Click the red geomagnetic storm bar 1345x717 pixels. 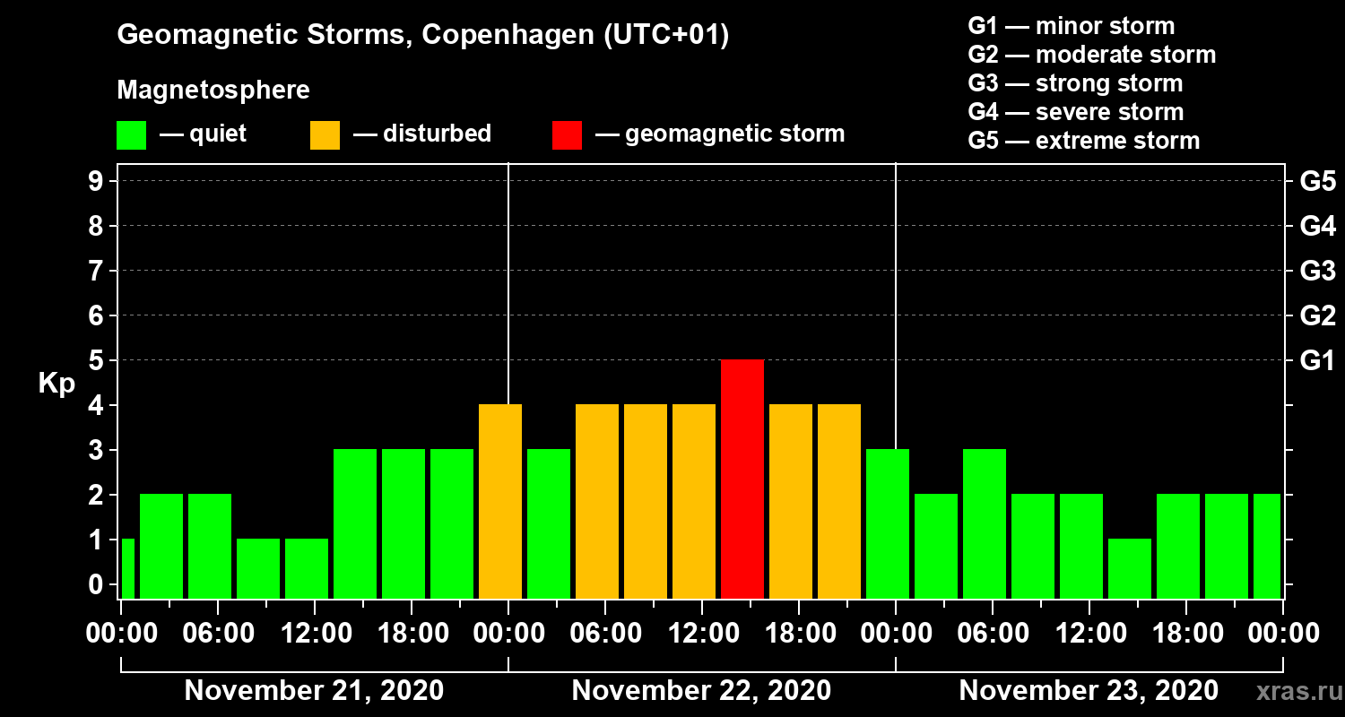point(742,479)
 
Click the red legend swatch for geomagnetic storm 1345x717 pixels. point(567,134)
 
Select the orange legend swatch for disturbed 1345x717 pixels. point(325,134)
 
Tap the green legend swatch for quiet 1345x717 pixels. point(131,134)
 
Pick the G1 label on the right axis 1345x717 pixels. point(1317,360)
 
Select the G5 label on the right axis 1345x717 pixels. point(1317,181)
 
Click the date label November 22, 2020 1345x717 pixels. point(701,691)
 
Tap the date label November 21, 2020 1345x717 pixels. point(314,691)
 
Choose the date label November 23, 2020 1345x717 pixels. point(1089,691)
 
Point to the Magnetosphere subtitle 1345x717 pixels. point(213,91)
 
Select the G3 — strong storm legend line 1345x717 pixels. point(1075,83)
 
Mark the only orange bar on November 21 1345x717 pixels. point(500,501)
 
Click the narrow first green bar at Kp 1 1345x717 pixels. point(127,568)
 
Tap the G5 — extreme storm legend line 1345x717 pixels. point(1083,141)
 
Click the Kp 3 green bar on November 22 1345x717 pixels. point(549,523)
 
